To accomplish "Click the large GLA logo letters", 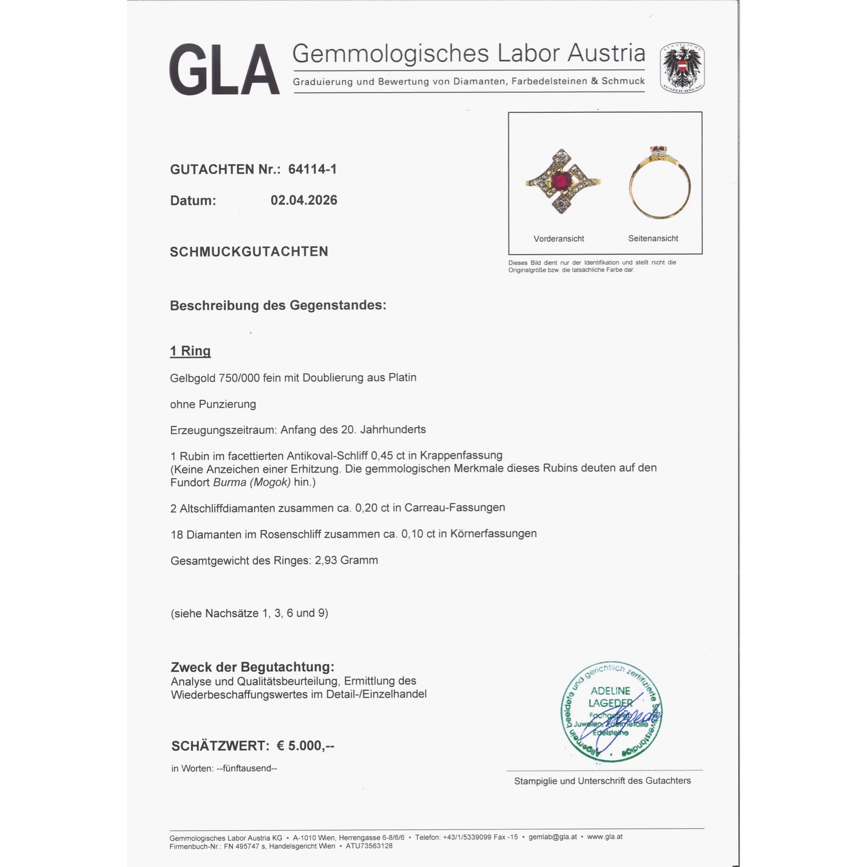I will (x=225, y=69).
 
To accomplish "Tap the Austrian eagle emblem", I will (x=681, y=68).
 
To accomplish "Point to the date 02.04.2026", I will (x=304, y=200).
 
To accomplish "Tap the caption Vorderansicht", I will (x=559, y=239).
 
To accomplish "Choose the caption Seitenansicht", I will (x=653, y=238).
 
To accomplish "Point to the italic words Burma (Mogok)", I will (x=252, y=482).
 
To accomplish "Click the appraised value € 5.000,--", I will (x=305, y=746).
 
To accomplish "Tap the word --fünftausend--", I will (x=247, y=768).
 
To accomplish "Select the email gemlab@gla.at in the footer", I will (x=552, y=837).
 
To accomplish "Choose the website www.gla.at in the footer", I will (x=604, y=837).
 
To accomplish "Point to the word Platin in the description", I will (x=403, y=378).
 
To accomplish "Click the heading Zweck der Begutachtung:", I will (x=253, y=667).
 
